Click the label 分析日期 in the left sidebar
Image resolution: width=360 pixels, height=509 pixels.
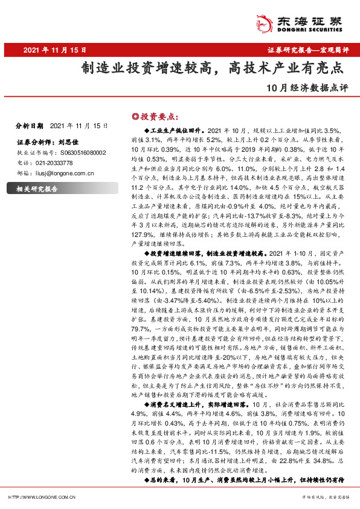29,126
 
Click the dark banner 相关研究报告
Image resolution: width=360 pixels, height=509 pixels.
36,189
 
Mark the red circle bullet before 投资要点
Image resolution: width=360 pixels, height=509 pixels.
135,115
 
